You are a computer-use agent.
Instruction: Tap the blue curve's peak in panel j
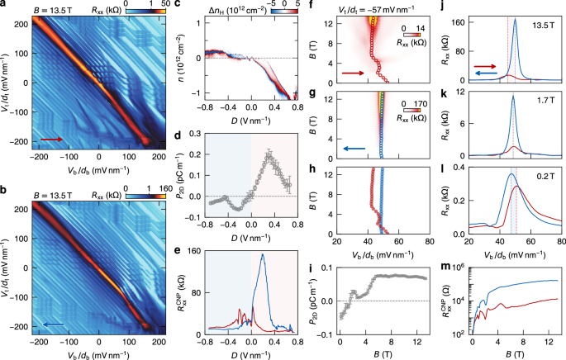click(516, 21)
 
